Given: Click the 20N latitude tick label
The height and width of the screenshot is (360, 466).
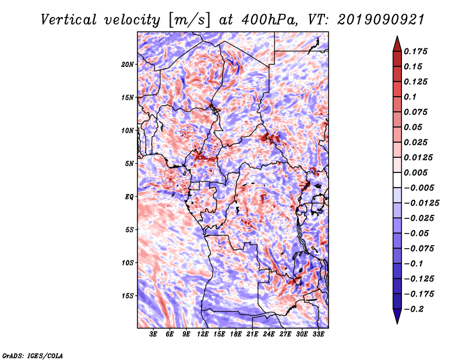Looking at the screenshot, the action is pyautogui.click(x=128, y=65).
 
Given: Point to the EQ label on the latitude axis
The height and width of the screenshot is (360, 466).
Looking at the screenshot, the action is pyautogui.click(x=129, y=197).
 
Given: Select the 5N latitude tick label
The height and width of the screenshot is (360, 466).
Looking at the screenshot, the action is pyautogui.click(x=129, y=164).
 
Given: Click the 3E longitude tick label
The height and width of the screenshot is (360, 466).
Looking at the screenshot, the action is pyautogui.click(x=153, y=334).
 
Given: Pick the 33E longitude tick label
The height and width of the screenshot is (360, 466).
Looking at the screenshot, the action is pyautogui.click(x=318, y=334).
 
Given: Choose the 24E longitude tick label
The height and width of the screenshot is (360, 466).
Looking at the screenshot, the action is pyautogui.click(x=269, y=334).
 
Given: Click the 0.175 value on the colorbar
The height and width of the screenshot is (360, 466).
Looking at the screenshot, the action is pyautogui.click(x=415, y=51).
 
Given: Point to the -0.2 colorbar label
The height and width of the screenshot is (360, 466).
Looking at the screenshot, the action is pyautogui.click(x=414, y=309).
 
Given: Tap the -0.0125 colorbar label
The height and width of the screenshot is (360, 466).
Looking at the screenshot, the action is pyautogui.click(x=421, y=203).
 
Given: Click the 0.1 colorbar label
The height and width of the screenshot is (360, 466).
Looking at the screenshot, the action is pyautogui.click(x=410, y=97).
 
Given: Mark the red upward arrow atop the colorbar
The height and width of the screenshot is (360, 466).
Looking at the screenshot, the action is pyautogui.click(x=397, y=44).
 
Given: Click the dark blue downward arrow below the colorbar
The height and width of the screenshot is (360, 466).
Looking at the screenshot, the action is pyautogui.click(x=397, y=316).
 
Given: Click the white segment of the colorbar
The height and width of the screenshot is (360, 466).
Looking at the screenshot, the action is pyautogui.click(x=397, y=180).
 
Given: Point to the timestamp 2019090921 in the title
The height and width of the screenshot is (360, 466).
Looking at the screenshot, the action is pyautogui.click(x=380, y=20).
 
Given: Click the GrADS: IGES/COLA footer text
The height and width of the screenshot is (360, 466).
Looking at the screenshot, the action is pyautogui.click(x=33, y=356).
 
